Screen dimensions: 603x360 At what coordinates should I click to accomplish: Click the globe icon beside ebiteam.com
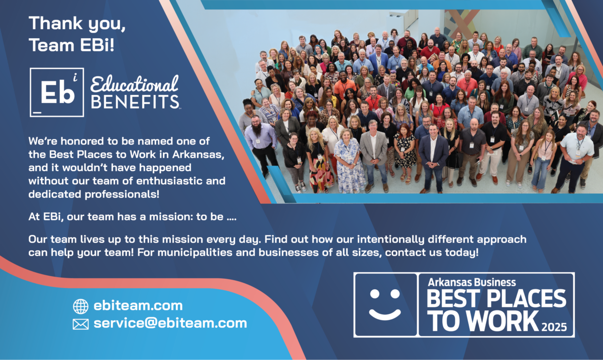click(80, 306)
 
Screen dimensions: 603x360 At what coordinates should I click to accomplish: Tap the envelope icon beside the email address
click(80, 324)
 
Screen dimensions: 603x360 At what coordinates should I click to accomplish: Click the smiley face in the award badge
click(385, 305)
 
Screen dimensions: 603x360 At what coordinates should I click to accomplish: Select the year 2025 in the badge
click(554, 327)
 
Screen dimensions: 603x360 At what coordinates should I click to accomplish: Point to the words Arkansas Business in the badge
click(472, 282)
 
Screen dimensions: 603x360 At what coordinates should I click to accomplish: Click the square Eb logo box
click(57, 92)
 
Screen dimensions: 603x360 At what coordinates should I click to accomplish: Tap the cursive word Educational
click(134, 84)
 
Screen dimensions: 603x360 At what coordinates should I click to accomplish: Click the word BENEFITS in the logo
click(135, 102)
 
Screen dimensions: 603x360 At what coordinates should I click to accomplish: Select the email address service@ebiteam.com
click(170, 323)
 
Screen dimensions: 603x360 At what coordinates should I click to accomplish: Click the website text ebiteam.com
click(138, 306)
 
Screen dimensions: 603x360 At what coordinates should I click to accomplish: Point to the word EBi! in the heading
click(97, 45)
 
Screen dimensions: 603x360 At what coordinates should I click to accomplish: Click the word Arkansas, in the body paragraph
click(198, 155)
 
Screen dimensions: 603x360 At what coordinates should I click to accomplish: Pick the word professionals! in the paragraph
click(122, 194)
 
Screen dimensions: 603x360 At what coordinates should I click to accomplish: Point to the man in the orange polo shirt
click(344, 86)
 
